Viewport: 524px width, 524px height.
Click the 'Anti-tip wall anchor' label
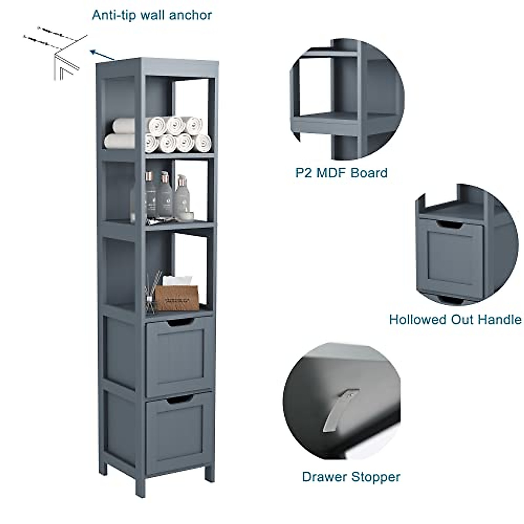[152, 15]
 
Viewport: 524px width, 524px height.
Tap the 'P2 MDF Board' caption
[341, 172]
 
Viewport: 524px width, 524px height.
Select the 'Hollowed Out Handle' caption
[455, 320]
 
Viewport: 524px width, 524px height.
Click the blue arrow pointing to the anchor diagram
[103, 55]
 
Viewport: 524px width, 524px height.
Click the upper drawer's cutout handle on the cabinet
[180, 323]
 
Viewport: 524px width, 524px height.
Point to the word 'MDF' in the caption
[335, 172]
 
